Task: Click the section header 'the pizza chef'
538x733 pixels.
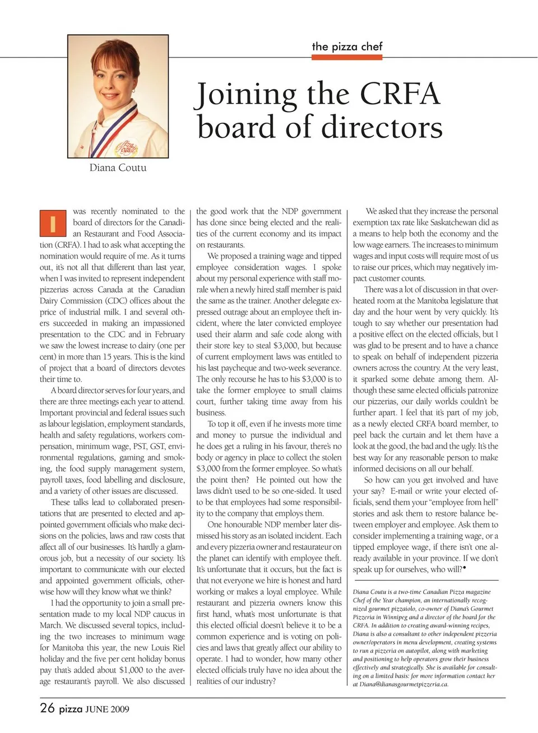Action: click(347, 47)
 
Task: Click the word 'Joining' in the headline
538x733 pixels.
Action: click(246, 95)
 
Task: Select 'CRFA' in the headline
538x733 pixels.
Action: click(400, 94)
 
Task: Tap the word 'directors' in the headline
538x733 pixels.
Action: click(381, 127)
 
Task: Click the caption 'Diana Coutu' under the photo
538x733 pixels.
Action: click(118, 168)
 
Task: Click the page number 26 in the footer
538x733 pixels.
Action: click(47, 708)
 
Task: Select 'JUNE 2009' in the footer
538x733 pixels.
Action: click(107, 709)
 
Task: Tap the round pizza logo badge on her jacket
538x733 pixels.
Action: click(126, 149)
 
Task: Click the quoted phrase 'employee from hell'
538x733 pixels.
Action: click(463, 502)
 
